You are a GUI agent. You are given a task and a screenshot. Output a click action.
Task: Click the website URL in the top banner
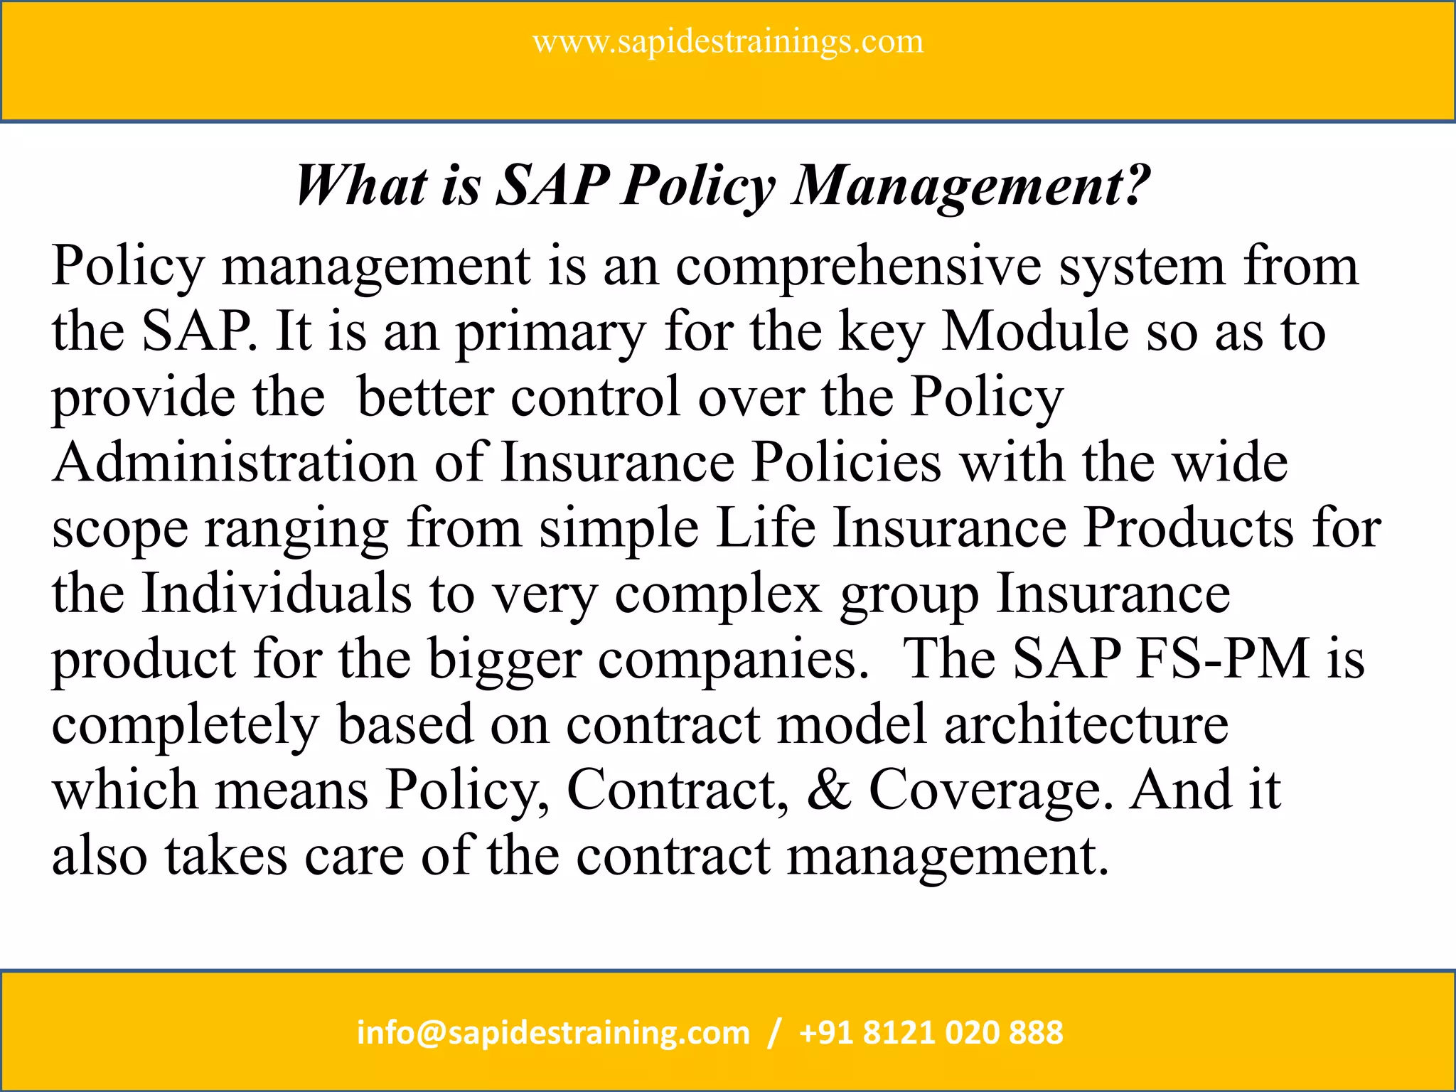728,42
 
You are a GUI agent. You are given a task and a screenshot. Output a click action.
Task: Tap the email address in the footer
553,1032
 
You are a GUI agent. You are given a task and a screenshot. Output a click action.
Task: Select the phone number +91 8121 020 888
931,1032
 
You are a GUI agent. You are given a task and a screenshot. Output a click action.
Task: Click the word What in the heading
361,186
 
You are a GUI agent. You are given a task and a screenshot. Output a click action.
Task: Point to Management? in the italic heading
971,186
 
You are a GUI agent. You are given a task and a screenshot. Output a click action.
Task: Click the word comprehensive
858,266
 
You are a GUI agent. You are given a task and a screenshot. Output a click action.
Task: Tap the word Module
1035,331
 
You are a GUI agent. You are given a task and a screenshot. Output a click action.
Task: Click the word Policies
847,463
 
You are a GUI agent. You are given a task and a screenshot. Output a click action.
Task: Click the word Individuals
277,594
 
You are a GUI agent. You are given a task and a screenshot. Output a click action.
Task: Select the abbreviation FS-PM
1223,659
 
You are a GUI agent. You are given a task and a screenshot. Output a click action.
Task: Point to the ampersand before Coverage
829,790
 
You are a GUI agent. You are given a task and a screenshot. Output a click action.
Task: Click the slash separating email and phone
775,1032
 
